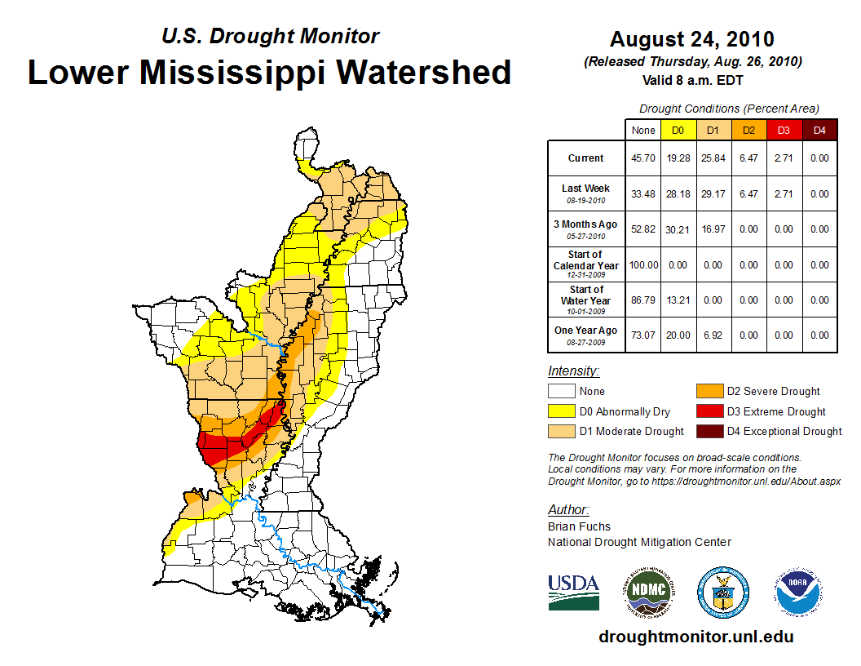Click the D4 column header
tap(819, 131)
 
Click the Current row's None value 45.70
tap(643, 158)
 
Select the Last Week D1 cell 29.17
tap(713, 194)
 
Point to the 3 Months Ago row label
tap(586, 229)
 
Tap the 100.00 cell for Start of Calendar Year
tap(643, 265)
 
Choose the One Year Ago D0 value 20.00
tap(678, 335)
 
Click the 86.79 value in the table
tap(643, 300)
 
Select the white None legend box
tap(562, 392)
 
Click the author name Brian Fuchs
tap(579, 526)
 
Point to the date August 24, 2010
tap(692, 39)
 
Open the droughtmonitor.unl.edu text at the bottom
tap(695, 637)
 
